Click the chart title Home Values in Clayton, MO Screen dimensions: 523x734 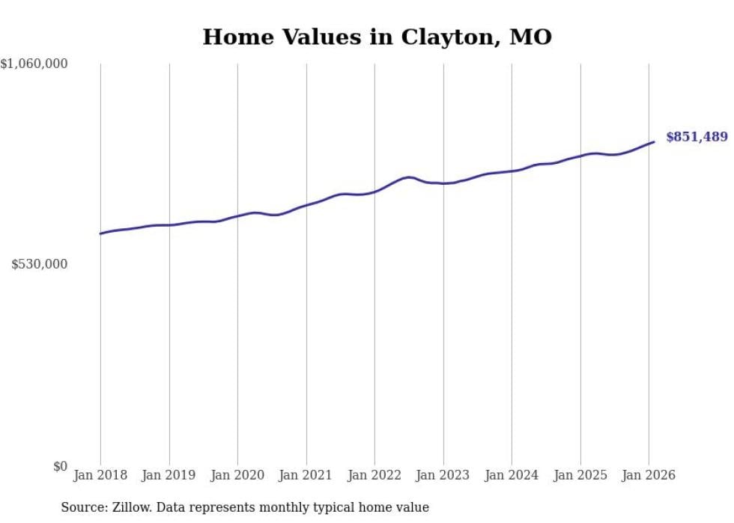[x=377, y=37]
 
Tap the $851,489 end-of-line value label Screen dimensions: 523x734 [x=696, y=137]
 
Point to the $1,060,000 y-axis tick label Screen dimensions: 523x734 [x=34, y=64]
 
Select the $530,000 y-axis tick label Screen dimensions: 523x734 [x=40, y=264]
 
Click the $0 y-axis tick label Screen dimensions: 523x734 [x=60, y=466]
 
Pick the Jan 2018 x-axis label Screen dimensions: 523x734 [x=100, y=475]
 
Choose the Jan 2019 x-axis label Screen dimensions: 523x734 [x=169, y=475]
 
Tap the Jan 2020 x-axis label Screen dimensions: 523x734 [x=237, y=475]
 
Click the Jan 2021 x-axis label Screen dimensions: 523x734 [x=306, y=475]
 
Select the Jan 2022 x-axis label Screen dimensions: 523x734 [x=374, y=475]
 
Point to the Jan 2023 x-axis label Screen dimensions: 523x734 [x=443, y=475]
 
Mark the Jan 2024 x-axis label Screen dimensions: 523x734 [x=512, y=475]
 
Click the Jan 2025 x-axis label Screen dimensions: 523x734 [x=580, y=475]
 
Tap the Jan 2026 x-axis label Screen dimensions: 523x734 [x=649, y=475]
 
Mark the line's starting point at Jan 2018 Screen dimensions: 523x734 [x=100, y=233]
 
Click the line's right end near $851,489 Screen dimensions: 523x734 [x=654, y=141]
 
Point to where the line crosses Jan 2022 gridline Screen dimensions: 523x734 [x=374, y=192]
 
